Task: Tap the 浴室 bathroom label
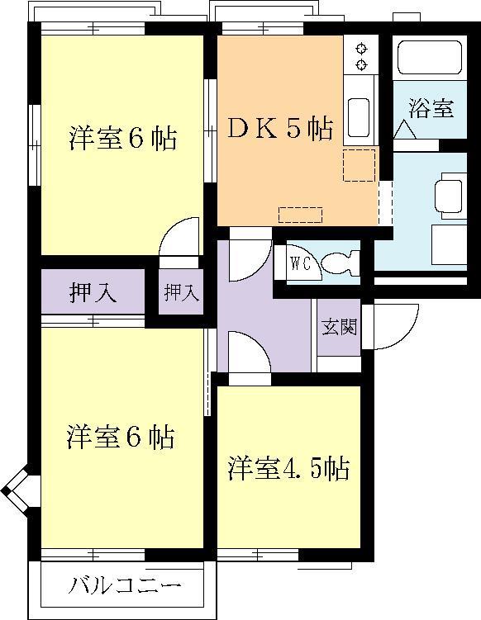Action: pos(431,108)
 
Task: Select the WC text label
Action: pos(300,263)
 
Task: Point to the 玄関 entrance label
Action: pos(339,326)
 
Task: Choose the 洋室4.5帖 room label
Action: pos(288,469)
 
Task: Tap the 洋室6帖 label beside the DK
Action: pos(122,138)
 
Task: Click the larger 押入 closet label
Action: pos(93,293)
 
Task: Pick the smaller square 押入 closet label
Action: pos(181,292)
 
